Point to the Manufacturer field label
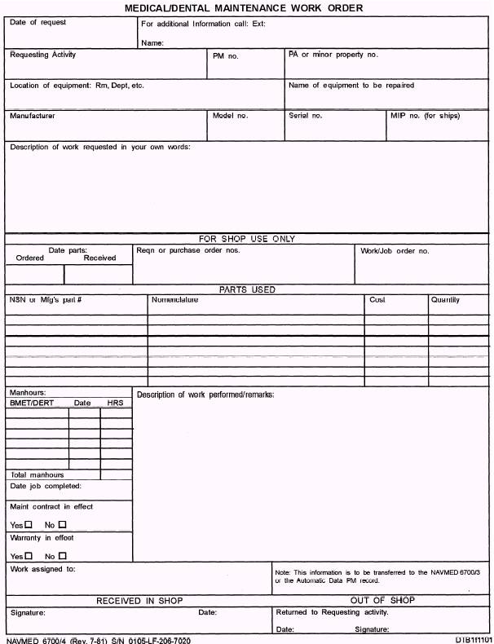coord(33,116)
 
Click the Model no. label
coord(230,116)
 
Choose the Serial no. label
coord(306,116)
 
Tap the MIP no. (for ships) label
coord(425,116)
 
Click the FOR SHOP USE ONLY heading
coord(247,239)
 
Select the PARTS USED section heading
coord(247,289)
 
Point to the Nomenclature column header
coord(174,300)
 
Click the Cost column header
coord(377,300)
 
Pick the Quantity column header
coord(445,300)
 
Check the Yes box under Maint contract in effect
coord(29,524)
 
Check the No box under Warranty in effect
coord(62,555)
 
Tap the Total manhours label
coord(37,474)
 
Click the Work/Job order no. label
coord(395,251)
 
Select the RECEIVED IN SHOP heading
coord(139,601)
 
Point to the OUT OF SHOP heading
coord(382,601)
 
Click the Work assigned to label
coord(42,569)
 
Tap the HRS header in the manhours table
coord(113,403)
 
